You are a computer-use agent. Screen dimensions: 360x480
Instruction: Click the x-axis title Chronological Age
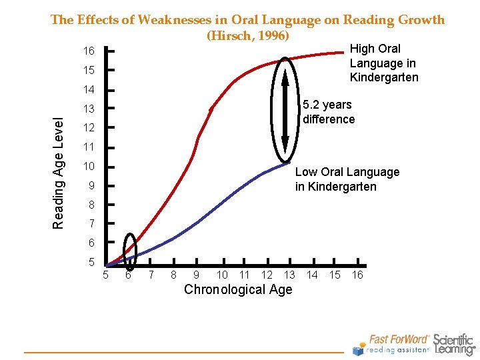point(238,289)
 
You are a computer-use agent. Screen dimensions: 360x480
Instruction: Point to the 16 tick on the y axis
point(89,51)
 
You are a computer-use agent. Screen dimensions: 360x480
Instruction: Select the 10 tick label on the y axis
point(89,166)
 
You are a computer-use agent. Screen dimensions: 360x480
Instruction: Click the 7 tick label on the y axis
point(91,223)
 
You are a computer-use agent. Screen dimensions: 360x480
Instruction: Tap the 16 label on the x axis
point(357,275)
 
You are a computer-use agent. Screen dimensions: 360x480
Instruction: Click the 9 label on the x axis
point(195,275)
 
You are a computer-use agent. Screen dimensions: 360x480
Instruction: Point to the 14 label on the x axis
point(311,275)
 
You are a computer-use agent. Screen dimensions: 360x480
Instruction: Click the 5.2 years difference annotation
point(329,112)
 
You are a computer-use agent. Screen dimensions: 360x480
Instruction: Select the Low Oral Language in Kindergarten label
point(347,179)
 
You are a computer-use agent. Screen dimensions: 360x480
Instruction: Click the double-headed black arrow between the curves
point(285,110)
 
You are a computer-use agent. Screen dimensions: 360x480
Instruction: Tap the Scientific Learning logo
point(455,344)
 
